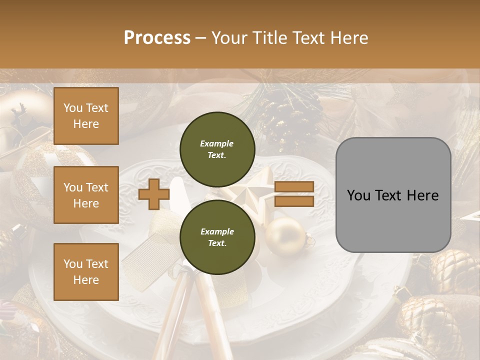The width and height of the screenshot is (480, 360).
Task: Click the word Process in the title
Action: coord(157,37)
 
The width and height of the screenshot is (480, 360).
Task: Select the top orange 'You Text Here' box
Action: coord(86,116)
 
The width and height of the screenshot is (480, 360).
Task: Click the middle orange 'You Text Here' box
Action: coord(86,195)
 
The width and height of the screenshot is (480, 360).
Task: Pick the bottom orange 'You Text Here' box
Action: coord(86,271)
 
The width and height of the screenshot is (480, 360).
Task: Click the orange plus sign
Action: coord(154,194)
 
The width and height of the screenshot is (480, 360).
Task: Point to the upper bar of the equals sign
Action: coord(294,186)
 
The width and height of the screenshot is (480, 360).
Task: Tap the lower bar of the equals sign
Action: coord(294,201)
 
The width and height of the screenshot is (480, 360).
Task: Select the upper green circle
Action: coord(217,149)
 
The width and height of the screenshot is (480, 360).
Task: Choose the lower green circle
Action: coord(217,237)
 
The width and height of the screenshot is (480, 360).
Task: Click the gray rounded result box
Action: coord(393,195)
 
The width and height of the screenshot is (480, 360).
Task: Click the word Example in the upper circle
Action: coord(217,143)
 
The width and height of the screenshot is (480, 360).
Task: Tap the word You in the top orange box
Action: coord(73,108)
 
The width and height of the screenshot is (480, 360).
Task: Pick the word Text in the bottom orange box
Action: coord(96,263)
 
